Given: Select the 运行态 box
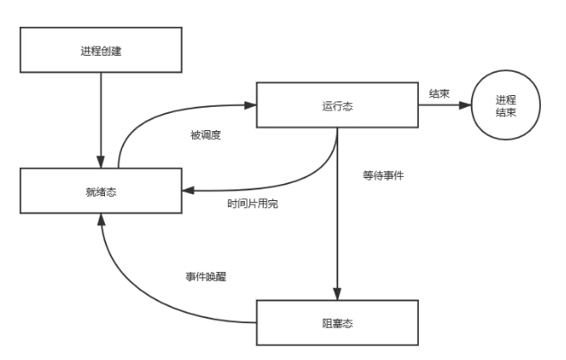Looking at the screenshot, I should pos(335,105).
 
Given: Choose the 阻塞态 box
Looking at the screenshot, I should pos(335,322).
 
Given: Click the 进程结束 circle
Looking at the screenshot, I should pos(508,106).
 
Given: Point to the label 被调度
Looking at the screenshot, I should pos(205,136).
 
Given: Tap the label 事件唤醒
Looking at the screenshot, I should pos(205,277).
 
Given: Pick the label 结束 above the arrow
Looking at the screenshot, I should pos(439,92).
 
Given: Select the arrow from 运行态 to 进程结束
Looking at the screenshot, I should pos(443,105).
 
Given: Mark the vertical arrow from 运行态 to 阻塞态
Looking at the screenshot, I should pos(336,215).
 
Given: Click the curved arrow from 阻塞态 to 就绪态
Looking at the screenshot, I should pos(135,287).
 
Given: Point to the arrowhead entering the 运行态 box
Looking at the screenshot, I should pos(251,105).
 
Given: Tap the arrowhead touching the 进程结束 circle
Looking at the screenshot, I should pos(466,105).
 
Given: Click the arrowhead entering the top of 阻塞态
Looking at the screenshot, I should pos(336,294).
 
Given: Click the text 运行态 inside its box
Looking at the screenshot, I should pos(335,105).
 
